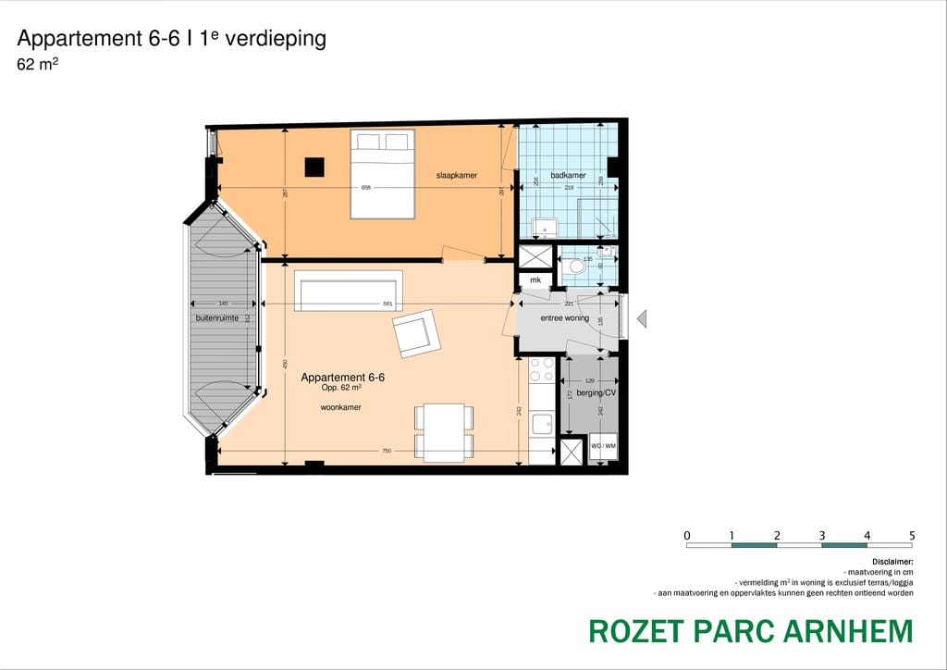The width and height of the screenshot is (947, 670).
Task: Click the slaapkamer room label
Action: pos(457,175)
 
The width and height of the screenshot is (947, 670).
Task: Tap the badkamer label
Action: pos(568,175)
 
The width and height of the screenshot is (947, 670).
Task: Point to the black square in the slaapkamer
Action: pos(315,167)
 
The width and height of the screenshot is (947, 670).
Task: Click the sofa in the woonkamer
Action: pos(349,291)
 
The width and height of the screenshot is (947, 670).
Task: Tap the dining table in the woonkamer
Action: pos(444,432)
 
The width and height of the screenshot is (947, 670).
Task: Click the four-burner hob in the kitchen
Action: pos(541,370)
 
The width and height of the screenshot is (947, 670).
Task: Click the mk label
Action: pos(535,279)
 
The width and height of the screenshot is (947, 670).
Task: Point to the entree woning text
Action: pos(565,318)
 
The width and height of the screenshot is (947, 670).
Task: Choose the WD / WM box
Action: pos(603,446)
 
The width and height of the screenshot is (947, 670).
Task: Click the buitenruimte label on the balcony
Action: pos(217,317)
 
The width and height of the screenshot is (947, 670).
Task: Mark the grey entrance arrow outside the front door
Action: pos(642,319)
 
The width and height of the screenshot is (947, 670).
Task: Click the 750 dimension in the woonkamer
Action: pos(387,451)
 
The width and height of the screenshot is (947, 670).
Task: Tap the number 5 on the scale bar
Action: pos(912,535)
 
